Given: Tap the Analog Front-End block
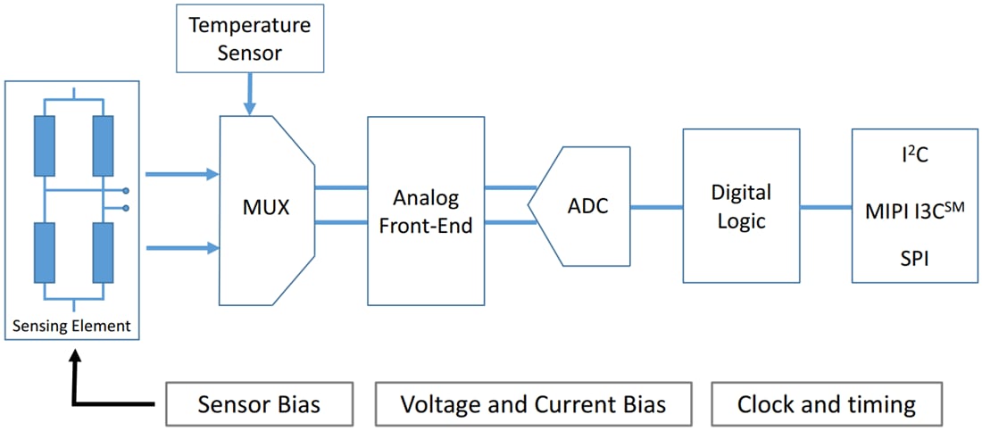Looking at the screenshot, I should point(426,211).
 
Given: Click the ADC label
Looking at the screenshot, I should point(587,206).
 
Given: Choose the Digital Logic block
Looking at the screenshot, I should point(740,206).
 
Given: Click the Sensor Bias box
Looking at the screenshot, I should point(258,405).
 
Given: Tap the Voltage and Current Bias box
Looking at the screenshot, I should point(533,405).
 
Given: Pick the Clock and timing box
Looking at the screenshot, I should point(826,405).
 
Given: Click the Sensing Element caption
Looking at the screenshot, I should point(71,326).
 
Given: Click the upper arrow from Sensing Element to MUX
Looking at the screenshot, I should point(182,174).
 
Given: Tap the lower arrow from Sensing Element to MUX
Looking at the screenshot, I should point(182,247).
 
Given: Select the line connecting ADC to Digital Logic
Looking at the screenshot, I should point(656,207).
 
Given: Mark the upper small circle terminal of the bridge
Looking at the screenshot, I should point(126,191).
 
